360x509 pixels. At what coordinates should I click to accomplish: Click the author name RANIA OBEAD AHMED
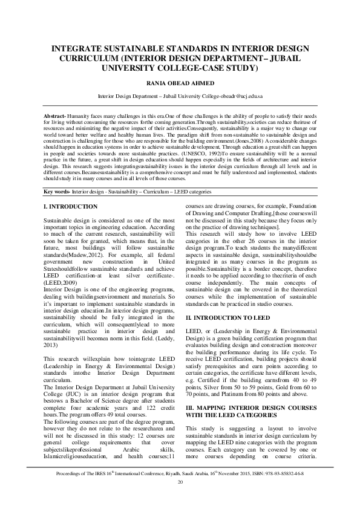180,83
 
